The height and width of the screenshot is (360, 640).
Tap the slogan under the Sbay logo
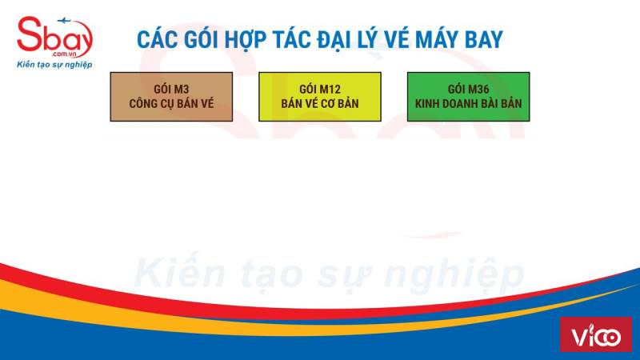tap(54, 65)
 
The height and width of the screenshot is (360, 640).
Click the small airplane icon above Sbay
tap(64, 20)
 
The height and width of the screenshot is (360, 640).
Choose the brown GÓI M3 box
tap(171, 97)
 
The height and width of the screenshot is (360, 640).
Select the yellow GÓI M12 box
tap(320, 97)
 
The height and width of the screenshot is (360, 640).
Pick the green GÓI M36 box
tap(469, 97)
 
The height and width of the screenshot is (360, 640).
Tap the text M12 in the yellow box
tap(330, 90)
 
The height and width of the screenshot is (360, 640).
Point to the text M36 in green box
tap(478, 90)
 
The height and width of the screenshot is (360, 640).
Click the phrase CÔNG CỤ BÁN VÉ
tap(171, 104)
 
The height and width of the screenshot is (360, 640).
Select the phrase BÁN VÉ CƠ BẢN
tap(320, 103)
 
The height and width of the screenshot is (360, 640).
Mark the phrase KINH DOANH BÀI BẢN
tap(469, 103)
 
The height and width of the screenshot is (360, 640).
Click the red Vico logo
tap(596, 334)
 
